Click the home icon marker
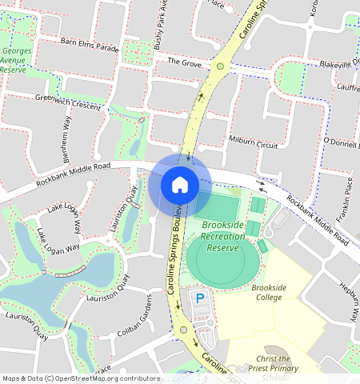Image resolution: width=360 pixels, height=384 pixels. (180, 185)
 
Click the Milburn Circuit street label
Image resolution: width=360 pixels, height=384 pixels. (254, 143)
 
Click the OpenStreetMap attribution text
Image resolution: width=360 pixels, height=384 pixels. (81, 378)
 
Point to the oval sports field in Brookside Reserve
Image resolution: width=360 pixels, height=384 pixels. (223, 259)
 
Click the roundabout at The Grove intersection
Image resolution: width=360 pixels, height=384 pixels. (219, 66)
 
